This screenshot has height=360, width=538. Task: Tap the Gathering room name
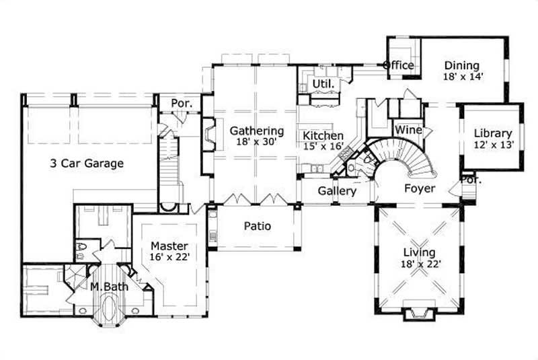coord(256,131)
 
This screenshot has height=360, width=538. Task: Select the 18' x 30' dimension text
coord(256,142)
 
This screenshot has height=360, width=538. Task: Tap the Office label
coord(398,65)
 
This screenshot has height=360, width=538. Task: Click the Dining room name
coord(461,65)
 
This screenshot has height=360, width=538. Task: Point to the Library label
coord(492,133)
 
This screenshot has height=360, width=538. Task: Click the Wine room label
coord(408,129)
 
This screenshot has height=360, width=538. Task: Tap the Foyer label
coord(420,188)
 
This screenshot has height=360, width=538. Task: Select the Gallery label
coord(337,191)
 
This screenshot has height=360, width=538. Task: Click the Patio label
coord(258,226)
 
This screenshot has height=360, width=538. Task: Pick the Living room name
coord(419,252)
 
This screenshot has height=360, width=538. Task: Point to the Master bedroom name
coord(169,246)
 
